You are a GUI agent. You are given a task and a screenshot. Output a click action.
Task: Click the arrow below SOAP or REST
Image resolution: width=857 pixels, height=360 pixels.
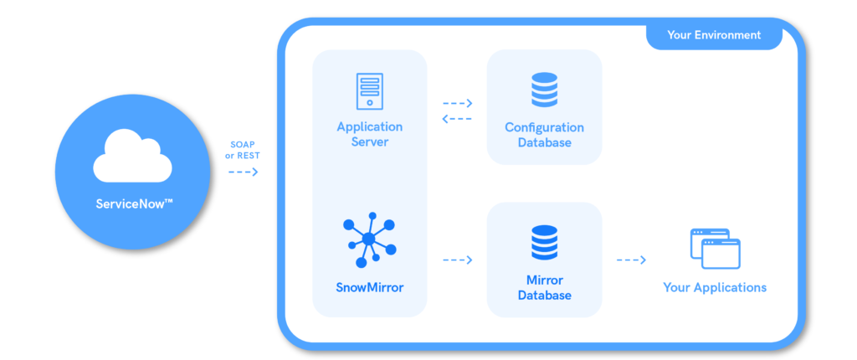coord(244,172)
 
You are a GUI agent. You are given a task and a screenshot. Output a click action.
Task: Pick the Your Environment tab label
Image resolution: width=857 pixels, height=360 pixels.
coord(714,35)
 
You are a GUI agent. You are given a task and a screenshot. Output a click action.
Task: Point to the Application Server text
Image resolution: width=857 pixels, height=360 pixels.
coord(369,134)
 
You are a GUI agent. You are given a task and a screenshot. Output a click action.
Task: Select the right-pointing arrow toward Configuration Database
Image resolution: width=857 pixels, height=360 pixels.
coord(457,104)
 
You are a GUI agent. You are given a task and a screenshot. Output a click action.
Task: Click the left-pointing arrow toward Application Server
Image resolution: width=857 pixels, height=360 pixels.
coord(457,118)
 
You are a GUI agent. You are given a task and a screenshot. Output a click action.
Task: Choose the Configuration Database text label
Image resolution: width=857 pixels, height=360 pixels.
coord(544,135)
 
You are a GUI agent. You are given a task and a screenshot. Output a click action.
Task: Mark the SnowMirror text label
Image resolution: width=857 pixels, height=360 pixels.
coord(369,287)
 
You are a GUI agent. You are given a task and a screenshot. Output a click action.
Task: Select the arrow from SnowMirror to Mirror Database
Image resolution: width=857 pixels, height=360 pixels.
coord(457,260)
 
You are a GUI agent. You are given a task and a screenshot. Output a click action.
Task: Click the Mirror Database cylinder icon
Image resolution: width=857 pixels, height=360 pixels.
coord(544,244)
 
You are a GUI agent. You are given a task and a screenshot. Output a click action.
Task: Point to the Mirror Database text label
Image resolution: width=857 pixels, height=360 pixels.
coord(544,287)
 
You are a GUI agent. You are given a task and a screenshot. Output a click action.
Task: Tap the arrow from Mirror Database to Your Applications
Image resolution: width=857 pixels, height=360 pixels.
coord(631,260)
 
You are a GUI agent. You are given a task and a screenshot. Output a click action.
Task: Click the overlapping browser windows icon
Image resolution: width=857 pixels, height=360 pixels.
coord(715,248)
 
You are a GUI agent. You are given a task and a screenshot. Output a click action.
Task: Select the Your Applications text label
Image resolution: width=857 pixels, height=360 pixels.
coord(715,287)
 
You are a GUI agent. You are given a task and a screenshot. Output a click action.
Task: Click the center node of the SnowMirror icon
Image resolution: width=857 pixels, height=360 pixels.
coord(368,239)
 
